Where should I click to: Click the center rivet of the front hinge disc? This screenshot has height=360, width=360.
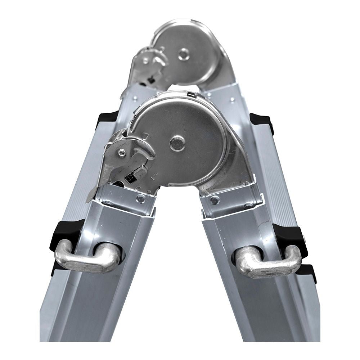point(177,143)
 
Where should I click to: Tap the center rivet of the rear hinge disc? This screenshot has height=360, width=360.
point(184,54)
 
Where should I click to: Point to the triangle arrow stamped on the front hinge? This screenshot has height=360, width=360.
point(146,136)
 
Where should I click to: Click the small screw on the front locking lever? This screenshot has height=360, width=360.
point(122,153)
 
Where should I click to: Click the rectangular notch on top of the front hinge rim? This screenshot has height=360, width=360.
point(192,95)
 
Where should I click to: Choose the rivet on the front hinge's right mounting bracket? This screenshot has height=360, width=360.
point(215,200)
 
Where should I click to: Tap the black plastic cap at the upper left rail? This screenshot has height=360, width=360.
point(107,117)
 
